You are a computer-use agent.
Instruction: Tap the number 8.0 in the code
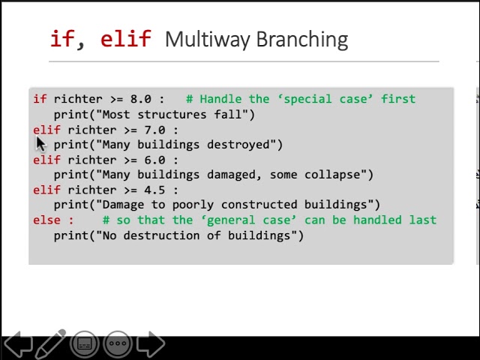pos(140,99)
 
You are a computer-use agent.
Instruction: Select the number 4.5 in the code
pos(154,190)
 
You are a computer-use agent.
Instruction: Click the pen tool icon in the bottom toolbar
pos(51,343)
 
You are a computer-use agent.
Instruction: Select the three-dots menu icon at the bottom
pos(118,344)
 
